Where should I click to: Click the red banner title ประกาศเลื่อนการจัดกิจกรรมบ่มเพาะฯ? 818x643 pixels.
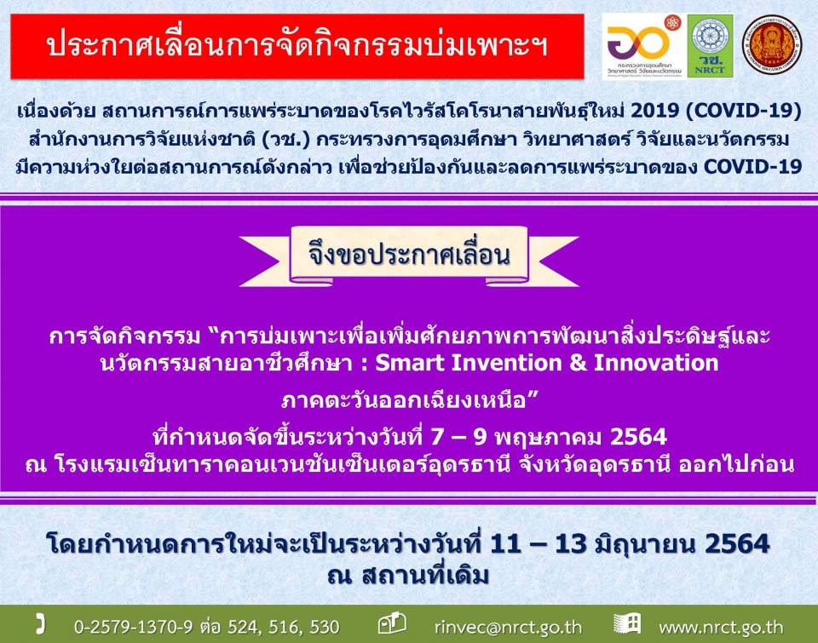297,46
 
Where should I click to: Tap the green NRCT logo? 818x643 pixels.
710,46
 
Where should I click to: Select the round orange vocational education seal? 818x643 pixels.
772,44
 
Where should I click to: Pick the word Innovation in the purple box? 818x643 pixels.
656,363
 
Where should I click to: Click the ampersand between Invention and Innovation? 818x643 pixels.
578,363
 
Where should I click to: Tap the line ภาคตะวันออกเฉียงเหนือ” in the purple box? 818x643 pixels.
410,400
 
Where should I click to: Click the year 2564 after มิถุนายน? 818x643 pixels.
736,544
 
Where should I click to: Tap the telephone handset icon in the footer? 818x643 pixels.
40,624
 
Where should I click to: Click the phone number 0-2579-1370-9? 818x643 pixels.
134,626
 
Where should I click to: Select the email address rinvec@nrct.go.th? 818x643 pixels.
508,627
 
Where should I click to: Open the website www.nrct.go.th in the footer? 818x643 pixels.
721,627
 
